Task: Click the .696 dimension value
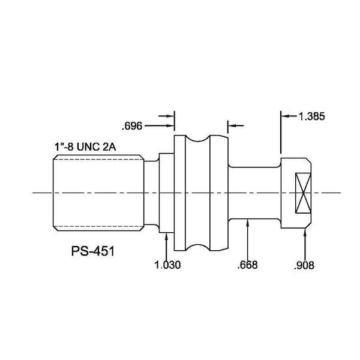click(x=132, y=126)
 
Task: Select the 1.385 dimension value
click(x=311, y=116)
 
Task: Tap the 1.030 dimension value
click(x=167, y=265)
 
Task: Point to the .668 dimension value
click(x=247, y=265)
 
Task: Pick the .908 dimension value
click(x=304, y=265)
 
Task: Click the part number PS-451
click(x=93, y=251)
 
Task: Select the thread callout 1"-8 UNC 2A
click(x=85, y=147)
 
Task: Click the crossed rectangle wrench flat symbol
click(x=303, y=193)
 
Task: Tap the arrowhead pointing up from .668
click(x=247, y=223)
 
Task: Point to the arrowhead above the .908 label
click(x=305, y=232)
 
